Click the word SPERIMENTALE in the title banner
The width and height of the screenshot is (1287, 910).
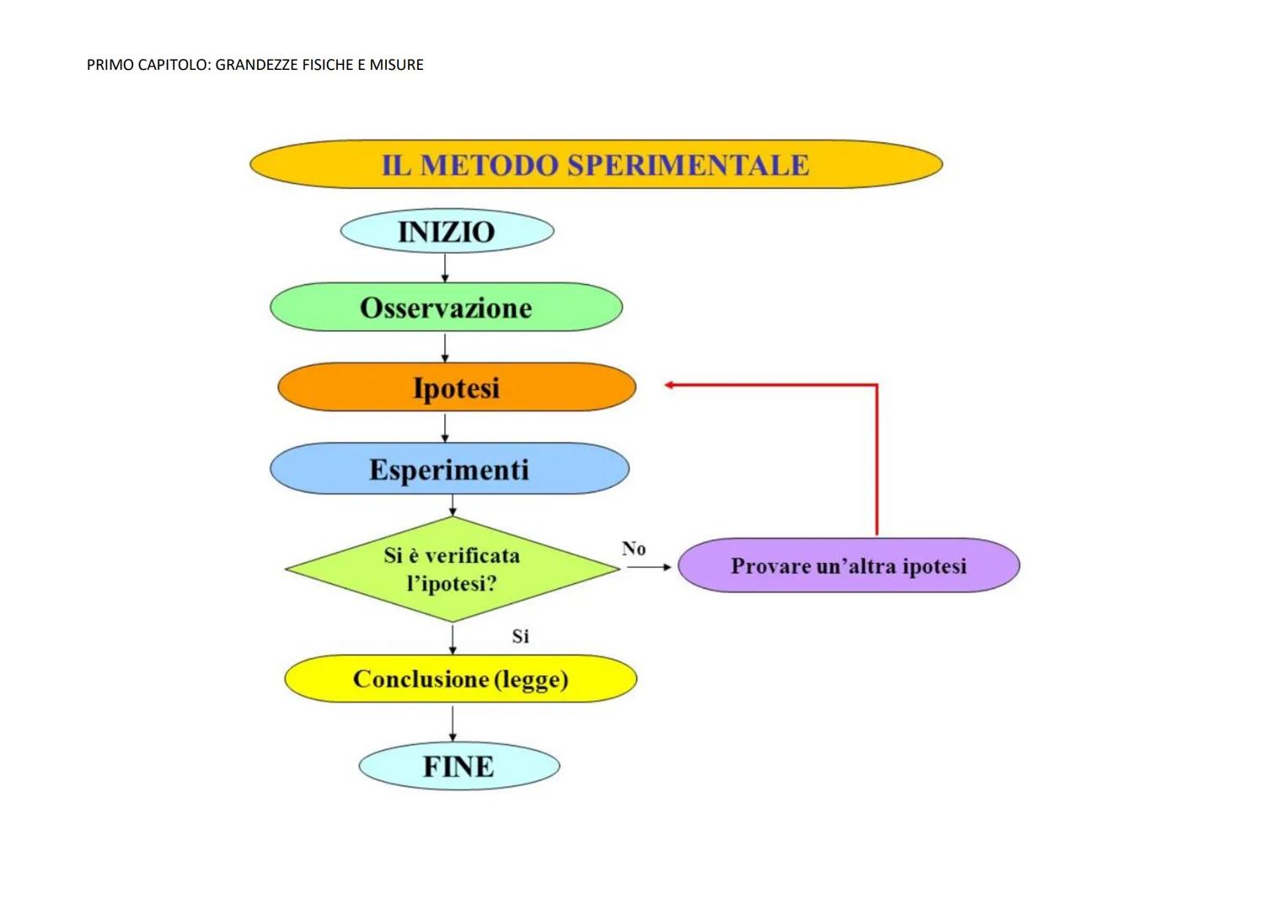[688, 165]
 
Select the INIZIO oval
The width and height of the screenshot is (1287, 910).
[447, 232]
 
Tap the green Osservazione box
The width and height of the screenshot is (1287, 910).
[446, 308]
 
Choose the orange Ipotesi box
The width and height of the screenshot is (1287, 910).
[456, 388]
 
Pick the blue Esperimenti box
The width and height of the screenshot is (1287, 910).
[449, 469]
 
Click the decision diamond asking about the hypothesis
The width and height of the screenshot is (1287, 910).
[452, 570]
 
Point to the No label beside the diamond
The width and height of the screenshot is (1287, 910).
[634, 549]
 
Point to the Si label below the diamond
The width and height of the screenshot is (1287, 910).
[521, 636]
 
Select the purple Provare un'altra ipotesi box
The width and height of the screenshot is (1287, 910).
[849, 565]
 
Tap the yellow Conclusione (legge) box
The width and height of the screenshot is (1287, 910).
[460, 679]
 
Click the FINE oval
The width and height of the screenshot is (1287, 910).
[458, 767]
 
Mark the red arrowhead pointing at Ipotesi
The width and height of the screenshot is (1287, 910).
[670, 385]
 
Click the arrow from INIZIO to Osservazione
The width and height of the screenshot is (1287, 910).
[445, 268]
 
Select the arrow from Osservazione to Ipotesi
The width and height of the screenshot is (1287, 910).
[445, 347]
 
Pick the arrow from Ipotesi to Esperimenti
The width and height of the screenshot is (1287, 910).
[445, 427]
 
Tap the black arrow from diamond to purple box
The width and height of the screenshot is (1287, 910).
[649, 567]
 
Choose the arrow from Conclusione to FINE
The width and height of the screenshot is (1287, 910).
[453, 723]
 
